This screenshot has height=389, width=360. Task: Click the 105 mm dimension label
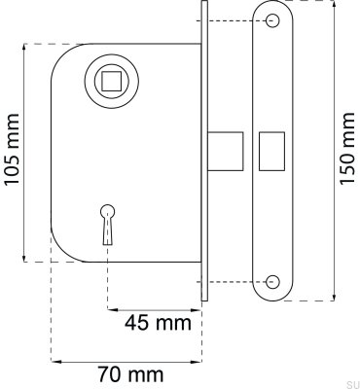(x=13, y=152)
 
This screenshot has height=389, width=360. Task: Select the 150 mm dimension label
(x=347, y=153)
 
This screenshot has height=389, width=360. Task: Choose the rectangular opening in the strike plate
(x=270, y=151)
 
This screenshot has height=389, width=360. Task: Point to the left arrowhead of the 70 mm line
(x=54, y=361)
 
